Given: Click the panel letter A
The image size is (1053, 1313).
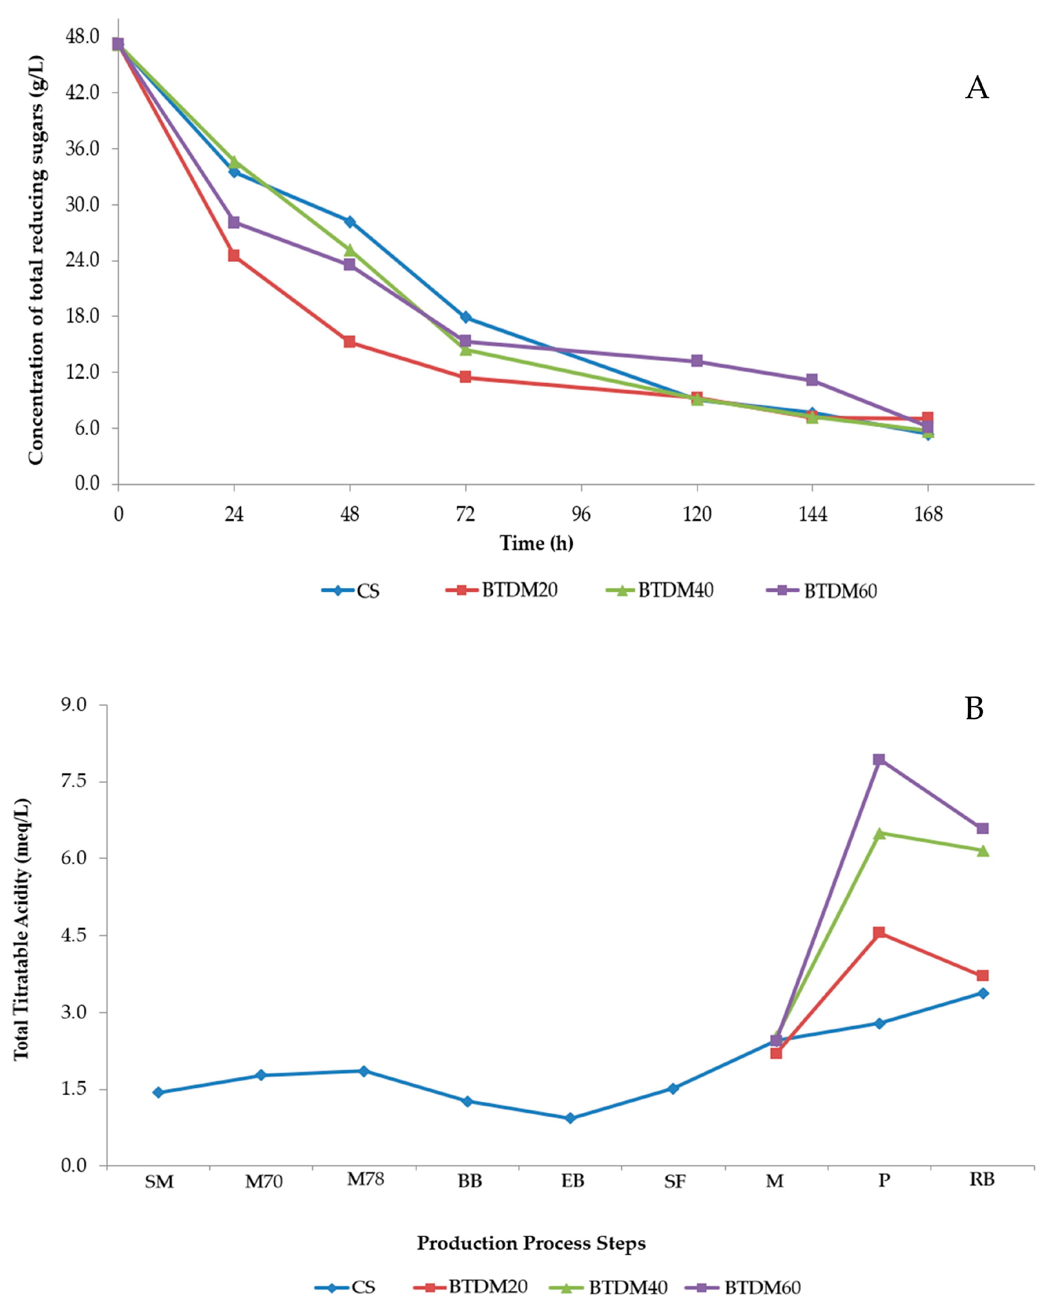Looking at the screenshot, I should (x=977, y=88).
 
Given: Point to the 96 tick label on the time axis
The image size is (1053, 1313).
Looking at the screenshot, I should (x=581, y=514).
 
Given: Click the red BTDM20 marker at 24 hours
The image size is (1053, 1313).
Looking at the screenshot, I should (x=234, y=255).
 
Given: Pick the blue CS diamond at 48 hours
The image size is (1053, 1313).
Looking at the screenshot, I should (x=350, y=222).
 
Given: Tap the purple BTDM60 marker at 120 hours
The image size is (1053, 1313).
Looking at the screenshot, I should (x=697, y=361).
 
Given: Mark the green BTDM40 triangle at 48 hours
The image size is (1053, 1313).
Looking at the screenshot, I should (x=350, y=250).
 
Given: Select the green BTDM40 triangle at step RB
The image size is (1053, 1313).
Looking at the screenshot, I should (x=982, y=851).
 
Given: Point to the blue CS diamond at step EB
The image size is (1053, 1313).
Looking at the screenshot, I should (x=570, y=1118).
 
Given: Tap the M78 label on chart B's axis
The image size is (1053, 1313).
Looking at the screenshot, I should (x=365, y=1180).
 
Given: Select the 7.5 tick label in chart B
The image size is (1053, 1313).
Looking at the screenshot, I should (x=74, y=781).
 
